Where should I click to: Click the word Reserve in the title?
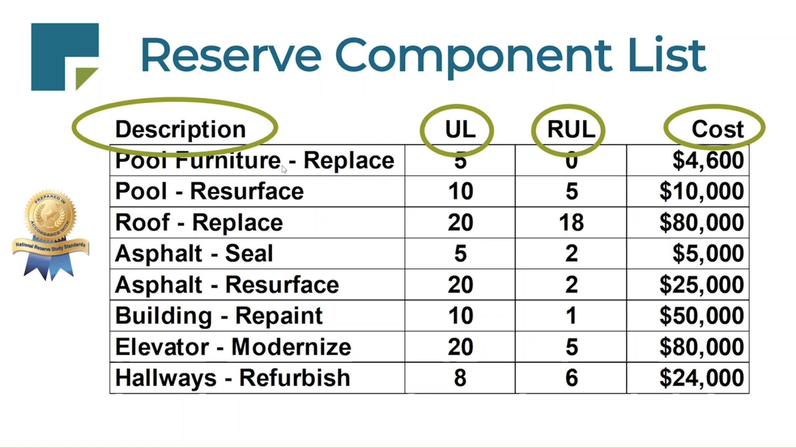(231, 55)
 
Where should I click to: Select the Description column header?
(180, 129)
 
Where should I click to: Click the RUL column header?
(571, 129)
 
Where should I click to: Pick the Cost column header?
(717, 129)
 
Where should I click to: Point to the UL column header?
(460, 129)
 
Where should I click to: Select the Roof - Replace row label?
(199, 223)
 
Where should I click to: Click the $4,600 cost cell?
(708, 160)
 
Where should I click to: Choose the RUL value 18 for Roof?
(571, 223)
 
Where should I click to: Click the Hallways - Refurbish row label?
(232, 378)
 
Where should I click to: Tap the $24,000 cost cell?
(702, 378)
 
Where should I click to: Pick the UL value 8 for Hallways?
(460, 378)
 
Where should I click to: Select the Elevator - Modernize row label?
(233, 347)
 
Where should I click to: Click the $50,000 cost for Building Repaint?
(702, 316)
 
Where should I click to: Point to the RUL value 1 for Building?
(571, 316)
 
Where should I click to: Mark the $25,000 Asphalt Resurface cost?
(702, 284)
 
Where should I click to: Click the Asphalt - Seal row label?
(194, 253)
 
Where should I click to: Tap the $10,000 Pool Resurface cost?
(702, 191)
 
